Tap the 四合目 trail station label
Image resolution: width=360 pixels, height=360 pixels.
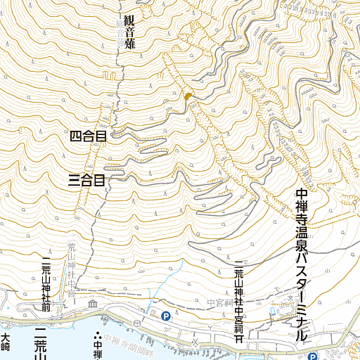point(89,136)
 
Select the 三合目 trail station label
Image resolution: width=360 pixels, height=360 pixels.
point(86,181)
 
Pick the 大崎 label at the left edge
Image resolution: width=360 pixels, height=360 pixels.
point(6,342)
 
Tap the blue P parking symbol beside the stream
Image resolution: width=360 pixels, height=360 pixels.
point(166,316)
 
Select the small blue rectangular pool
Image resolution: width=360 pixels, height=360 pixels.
point(273,310)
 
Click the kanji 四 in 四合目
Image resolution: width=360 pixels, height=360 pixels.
point(77,136)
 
